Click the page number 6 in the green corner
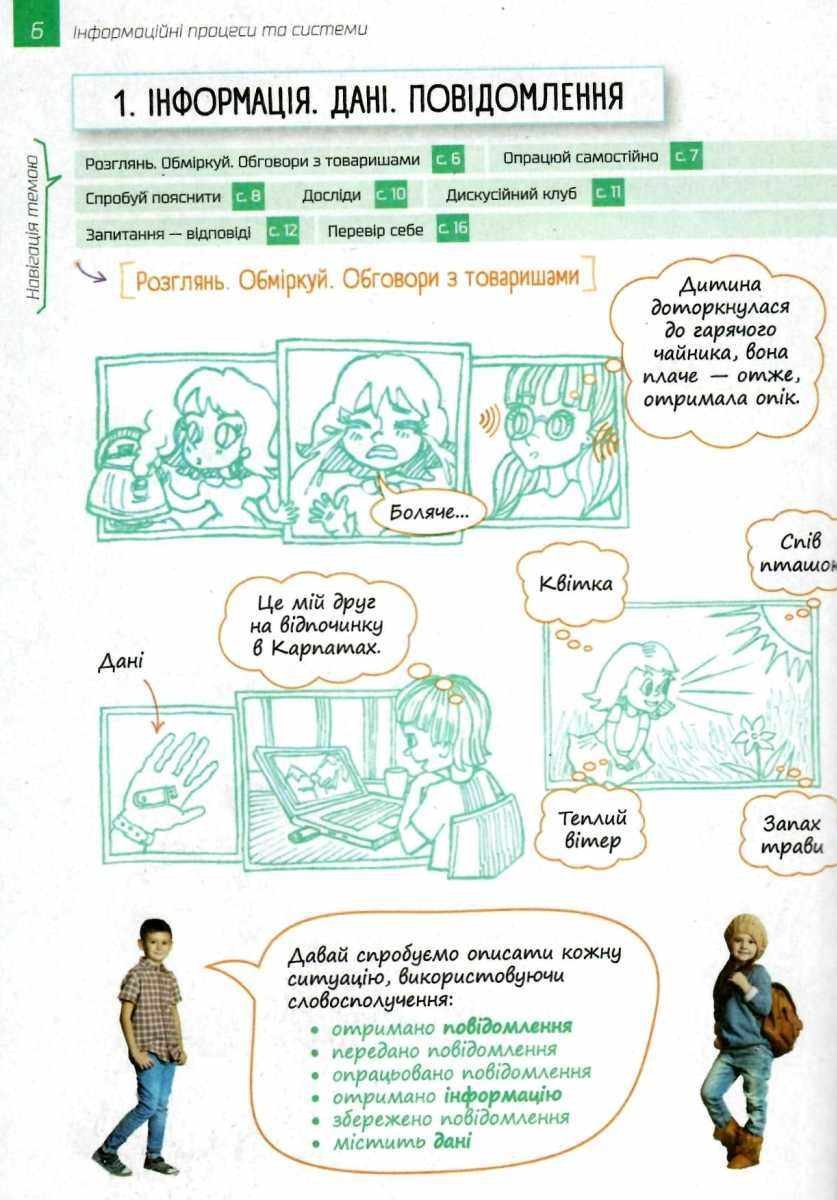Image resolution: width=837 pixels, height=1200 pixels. point(36,32)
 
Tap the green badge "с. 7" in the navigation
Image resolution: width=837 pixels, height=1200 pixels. point(686,156)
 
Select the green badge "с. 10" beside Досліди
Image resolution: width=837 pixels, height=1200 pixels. point(390,194)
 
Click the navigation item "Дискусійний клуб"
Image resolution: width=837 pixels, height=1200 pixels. point(511,194)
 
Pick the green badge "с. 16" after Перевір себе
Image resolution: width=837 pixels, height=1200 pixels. point(453,229)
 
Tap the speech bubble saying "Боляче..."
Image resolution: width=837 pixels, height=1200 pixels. point(428,512)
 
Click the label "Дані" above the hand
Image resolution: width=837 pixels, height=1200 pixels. point(121,663)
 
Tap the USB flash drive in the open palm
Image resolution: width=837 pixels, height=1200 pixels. point(155,794)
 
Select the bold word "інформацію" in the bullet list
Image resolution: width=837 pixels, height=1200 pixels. point(503,1095)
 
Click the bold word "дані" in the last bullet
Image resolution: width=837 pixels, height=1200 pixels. point(452,1142)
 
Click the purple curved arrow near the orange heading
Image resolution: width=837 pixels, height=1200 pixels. point(90,272)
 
